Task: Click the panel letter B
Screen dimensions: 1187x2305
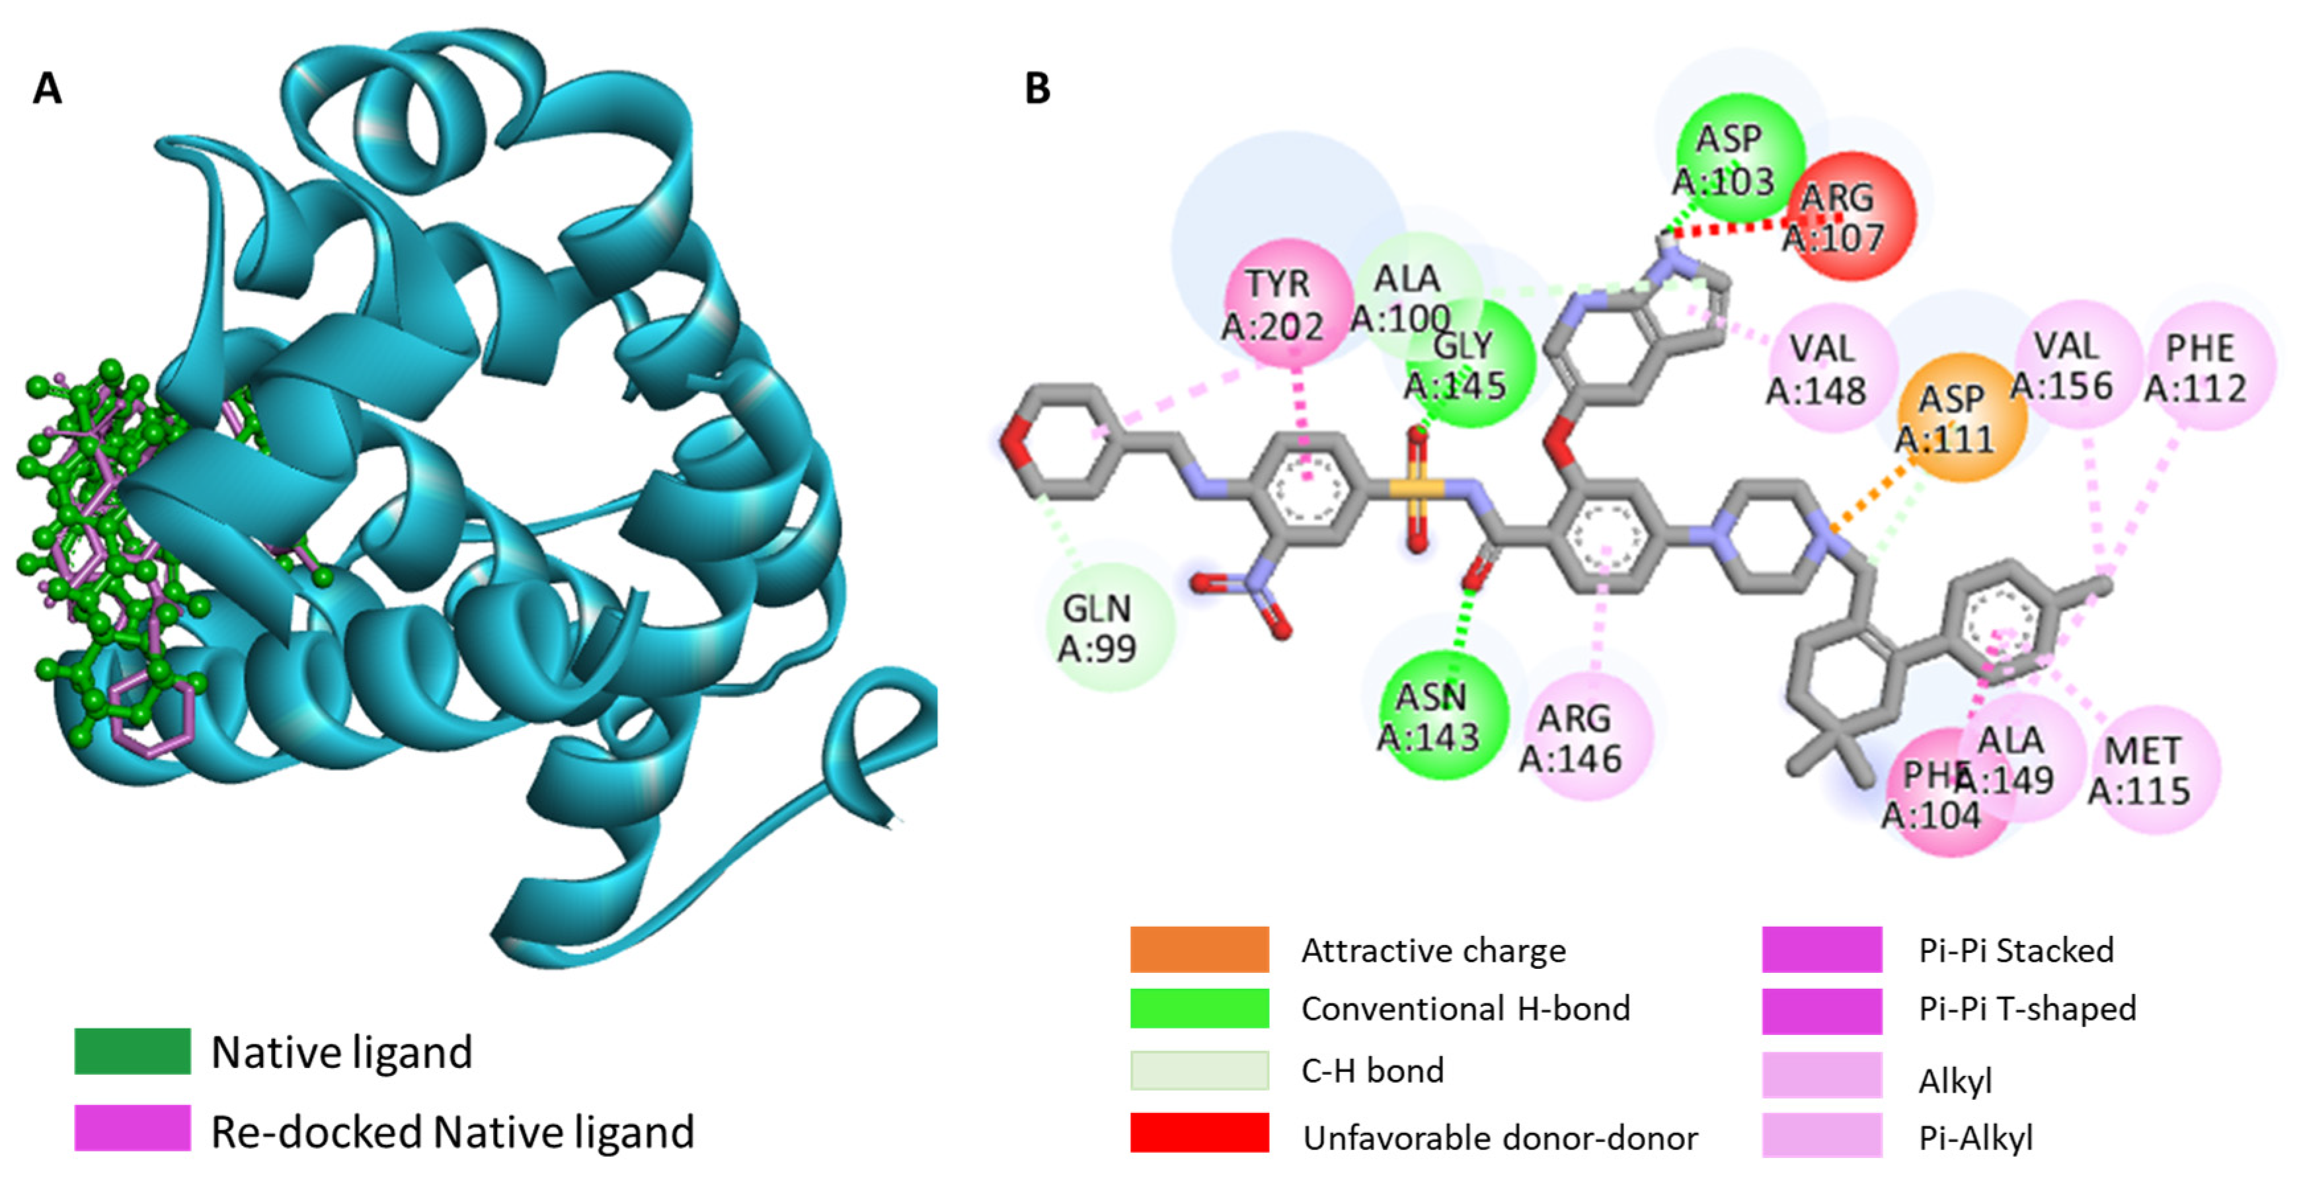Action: (1036, 89)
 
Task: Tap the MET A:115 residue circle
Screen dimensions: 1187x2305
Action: (2153, 769)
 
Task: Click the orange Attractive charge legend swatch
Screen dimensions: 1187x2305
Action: (1199, 949)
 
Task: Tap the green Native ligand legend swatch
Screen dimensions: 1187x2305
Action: (132, 1051)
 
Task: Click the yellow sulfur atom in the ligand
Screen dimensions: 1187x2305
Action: (1417, 488)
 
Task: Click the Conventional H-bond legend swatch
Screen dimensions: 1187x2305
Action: (1199, 1008)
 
